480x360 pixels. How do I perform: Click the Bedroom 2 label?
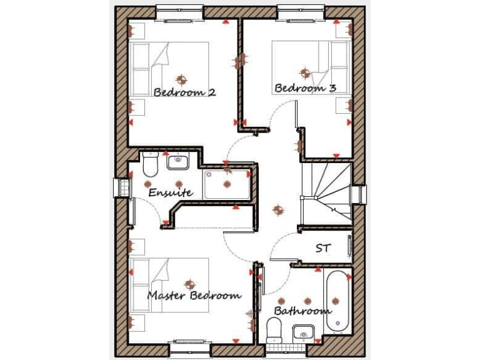pyautogui.click(x=185, y=92)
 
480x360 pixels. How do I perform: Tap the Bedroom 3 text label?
pyautogui.click(x=305, y=88)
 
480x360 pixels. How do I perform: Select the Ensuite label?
pyautogui.click(x=170, y=193)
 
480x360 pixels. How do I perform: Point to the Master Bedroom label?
pyautogui.click(x=194, y=295)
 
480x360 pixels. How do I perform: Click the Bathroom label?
pyautogui.click(x=302, y=311)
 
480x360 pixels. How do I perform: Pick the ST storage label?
pyautogui.click(x=322, y=249)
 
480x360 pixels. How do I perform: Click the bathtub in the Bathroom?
pyautogui.click(x=337, y=300)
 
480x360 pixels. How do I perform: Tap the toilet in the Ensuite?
pyautogui.click(x=150, y=165)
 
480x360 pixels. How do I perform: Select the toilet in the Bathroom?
pyautogui.click(x=274, y=329)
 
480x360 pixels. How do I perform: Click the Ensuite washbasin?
pyautogui.click(x=179, y=162)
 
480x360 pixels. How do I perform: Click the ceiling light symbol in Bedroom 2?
pyautogui.click(x=182, y=79)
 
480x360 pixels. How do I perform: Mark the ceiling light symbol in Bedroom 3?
pyautogui.click(x=304, y=72)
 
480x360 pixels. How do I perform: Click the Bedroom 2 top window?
pyautogui.click(x=179, y=12)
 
